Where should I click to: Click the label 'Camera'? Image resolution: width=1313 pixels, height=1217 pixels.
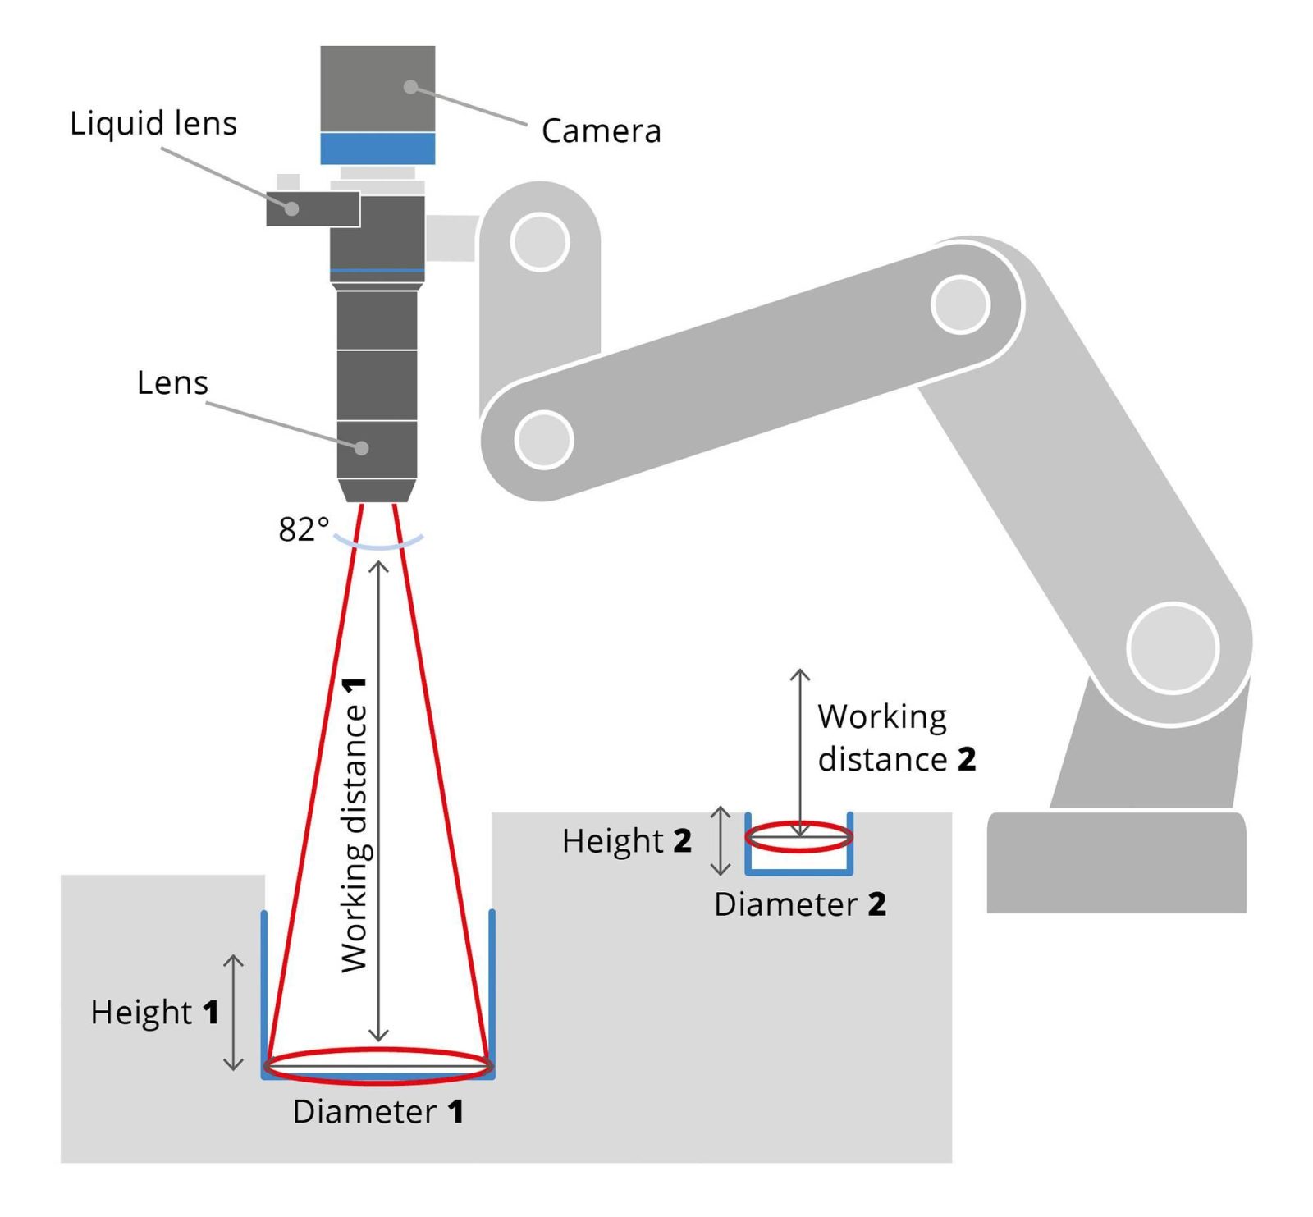[x=601, y=131]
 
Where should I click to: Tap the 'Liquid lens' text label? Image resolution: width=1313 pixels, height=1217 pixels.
[x=153, y=124]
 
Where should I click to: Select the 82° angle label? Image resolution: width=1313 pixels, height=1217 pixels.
[x=304, y=529]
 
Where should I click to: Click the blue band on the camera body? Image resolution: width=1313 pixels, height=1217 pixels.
[x=377, y=149]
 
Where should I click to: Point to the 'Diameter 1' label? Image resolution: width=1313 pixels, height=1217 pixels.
[x=378, y=1112]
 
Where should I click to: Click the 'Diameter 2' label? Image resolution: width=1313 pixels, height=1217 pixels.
[x=800, y=904]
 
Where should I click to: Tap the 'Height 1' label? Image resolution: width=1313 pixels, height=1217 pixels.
[x=155, y=1013]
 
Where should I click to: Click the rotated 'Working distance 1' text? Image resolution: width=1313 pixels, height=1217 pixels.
[x=355, y=825]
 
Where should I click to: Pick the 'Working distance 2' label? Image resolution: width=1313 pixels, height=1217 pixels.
[x=896, y=738]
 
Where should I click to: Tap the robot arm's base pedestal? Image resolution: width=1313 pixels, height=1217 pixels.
[x=1116, y=862]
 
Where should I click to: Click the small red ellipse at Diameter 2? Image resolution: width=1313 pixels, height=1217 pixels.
[x=798, y=837]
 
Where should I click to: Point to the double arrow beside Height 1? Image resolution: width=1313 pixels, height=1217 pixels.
[x=234, y=1013]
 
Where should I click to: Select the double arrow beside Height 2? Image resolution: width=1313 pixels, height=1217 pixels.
[x=720, y=840]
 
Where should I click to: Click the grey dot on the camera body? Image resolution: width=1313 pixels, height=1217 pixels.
[x=410, y=87]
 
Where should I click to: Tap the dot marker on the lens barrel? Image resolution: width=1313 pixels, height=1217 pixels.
[x=361, y=448]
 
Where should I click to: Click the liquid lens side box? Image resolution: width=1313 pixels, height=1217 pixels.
[x=313, y=208]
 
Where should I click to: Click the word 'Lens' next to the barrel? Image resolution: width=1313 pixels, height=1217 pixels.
[x=172, y=383]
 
